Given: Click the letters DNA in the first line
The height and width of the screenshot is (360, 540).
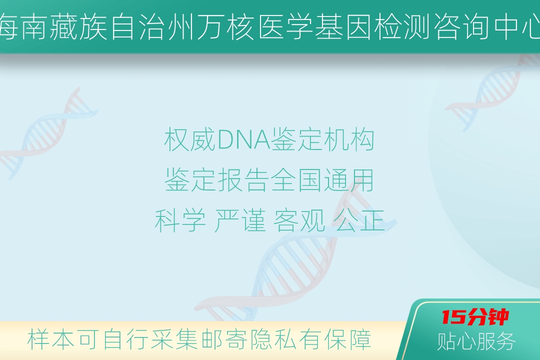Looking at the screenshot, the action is [x=244, y=140].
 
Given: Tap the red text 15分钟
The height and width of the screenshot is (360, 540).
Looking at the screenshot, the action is [x=475, y=317].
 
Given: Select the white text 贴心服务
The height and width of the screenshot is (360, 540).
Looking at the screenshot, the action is [x=476, y=341].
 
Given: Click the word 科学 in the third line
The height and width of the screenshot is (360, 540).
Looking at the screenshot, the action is [x=180, y=220].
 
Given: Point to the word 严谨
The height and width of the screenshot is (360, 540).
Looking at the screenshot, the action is [x=240, y=220].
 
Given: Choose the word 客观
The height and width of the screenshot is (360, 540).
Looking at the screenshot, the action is [x=299, y=220].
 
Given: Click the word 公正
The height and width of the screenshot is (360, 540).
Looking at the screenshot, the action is [x=359, y=220].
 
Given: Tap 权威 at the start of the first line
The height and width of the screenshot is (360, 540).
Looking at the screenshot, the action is [x=190, y=140].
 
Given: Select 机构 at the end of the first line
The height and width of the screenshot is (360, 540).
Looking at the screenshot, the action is [x=349, y=140].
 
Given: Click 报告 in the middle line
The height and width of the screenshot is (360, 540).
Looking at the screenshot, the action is [x=243, y=180].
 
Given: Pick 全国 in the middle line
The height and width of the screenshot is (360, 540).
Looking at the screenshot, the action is [x=296, y=180].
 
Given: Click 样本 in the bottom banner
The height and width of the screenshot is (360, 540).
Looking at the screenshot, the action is [x=50, y=339].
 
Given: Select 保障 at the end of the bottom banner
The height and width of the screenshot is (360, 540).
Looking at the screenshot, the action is [x=348, y=339].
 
